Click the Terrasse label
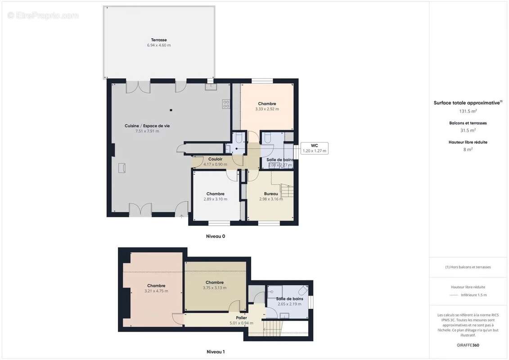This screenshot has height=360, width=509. point(159,40)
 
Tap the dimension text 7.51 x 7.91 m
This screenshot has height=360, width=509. point(147,131)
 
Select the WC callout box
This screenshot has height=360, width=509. point(315,148)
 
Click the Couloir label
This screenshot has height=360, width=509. point(215,159)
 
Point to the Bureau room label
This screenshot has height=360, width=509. point(271,194)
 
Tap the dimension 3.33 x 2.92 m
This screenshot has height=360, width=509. point(267,109)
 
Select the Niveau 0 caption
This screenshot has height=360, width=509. point(215,236)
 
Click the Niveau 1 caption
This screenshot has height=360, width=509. point(215,351)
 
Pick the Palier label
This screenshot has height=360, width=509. point(242,318)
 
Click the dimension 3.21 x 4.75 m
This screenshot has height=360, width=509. point(156,291)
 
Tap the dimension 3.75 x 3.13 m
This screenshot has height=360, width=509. point(215,288)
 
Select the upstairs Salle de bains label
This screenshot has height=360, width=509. point(289,298)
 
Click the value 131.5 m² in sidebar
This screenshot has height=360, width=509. point(468,111)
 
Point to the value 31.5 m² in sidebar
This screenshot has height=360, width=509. point(468,130)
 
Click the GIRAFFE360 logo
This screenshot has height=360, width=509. point(468,346)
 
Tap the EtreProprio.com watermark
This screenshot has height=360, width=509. point(43,16)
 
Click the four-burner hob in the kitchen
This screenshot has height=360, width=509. point(226,104)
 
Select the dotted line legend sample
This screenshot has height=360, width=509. point(453,295)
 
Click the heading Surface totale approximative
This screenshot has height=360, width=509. point(467,103)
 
